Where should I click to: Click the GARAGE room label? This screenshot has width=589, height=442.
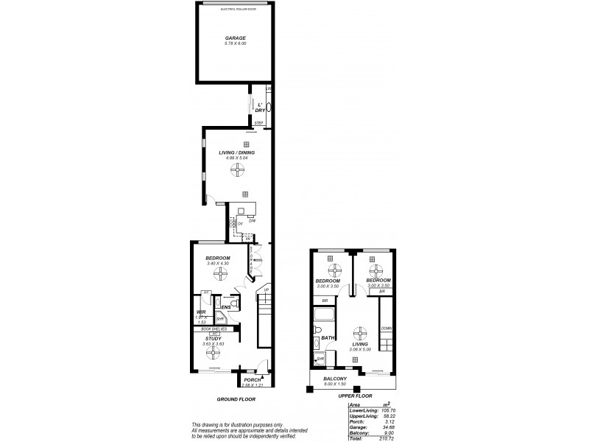pyautogui.click(x=235, y=37)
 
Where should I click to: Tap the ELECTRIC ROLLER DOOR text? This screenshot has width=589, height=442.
pyautogui.click(x=235, y=9)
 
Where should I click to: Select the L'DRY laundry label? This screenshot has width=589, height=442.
pyautogui.click(x=259, y=107)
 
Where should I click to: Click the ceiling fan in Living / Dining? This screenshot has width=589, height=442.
pyautogui.click(x=237, y=169)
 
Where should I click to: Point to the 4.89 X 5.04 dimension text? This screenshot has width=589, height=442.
pyautogui.click(x=237, y=158)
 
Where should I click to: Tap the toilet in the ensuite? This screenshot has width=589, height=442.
pyautogui.click(x=233, y=303)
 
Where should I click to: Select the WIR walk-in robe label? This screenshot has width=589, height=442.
pyautogui.click(x=200, y=312)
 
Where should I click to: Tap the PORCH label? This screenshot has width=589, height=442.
pyautogui.click(x=253, y=380)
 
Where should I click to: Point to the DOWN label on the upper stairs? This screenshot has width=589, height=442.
pyautogui.click(x=386, y=329)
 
